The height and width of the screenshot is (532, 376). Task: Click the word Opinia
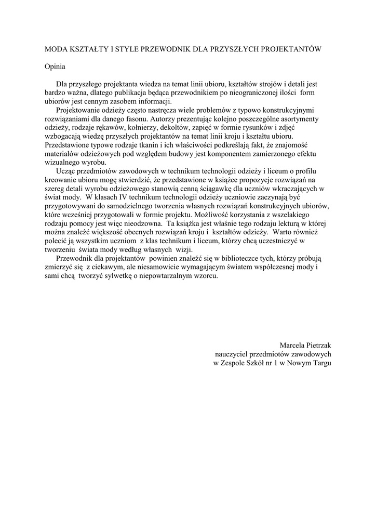[x=56, y=66]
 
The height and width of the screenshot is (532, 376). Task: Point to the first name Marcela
[x=293, y=345]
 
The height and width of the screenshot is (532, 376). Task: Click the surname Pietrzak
[x=319, y=345]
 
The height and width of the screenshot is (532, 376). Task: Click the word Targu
[x=322, y=363]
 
